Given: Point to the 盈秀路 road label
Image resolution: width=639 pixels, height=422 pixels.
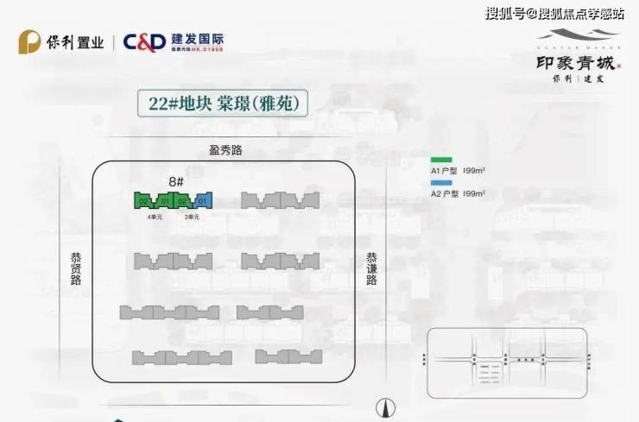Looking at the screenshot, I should (x=226, y=150).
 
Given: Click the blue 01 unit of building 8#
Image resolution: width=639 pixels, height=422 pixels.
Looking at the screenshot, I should (x=204, y=201).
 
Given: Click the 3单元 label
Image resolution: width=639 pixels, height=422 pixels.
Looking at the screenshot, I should (x=192, y=217).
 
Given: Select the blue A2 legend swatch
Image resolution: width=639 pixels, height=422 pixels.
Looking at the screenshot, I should (x=441, y=184).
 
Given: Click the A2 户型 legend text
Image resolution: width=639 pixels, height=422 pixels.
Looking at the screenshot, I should (x=458, y=194).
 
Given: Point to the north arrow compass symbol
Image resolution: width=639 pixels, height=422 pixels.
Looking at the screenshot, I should (x=386, y=407).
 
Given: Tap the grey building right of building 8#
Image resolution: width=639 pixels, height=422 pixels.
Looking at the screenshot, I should (x=280, y=200).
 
